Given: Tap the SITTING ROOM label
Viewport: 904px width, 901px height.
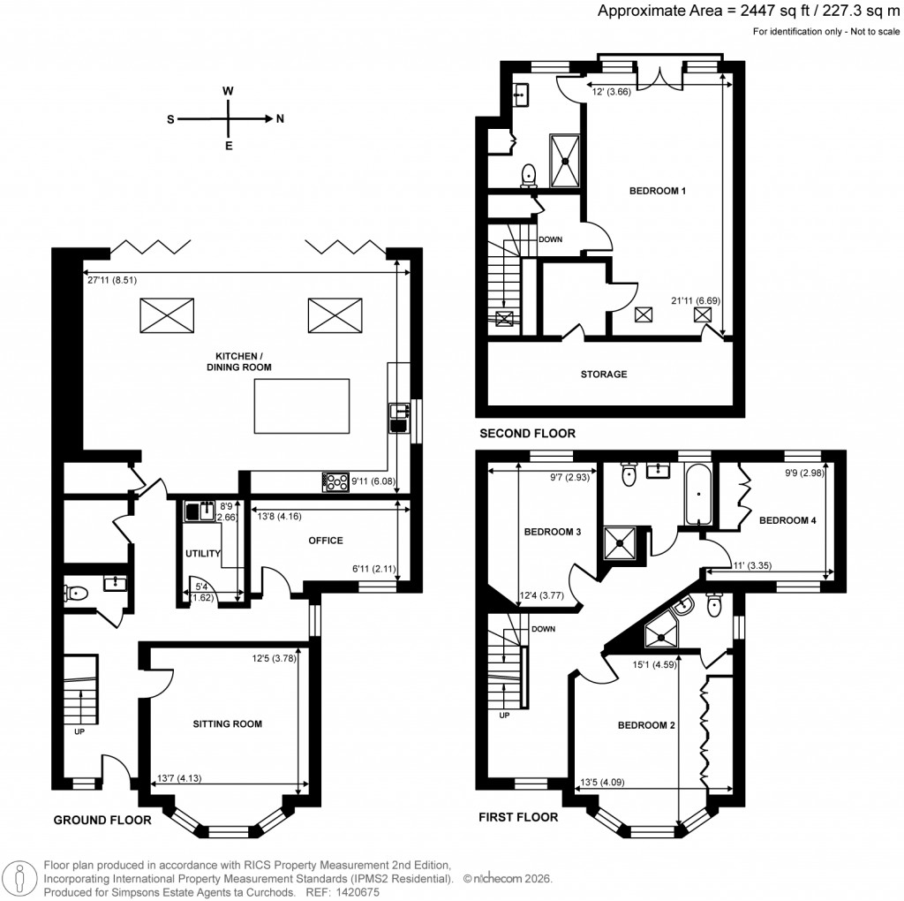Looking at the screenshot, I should [228, 724].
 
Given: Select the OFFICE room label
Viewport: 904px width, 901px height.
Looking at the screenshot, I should [325, 541].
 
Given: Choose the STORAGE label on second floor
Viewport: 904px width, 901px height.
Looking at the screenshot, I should [604, 375].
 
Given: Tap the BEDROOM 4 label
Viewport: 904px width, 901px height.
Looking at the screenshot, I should [787, 521].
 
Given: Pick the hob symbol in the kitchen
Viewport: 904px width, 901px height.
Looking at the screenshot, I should [337, 481].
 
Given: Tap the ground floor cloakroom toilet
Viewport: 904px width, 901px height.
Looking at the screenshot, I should [77, 594].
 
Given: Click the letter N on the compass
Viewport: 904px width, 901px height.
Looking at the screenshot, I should [280, 118].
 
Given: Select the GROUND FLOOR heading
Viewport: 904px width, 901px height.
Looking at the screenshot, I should [102, 820].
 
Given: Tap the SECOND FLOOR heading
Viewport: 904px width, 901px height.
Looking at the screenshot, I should [527, 434].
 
